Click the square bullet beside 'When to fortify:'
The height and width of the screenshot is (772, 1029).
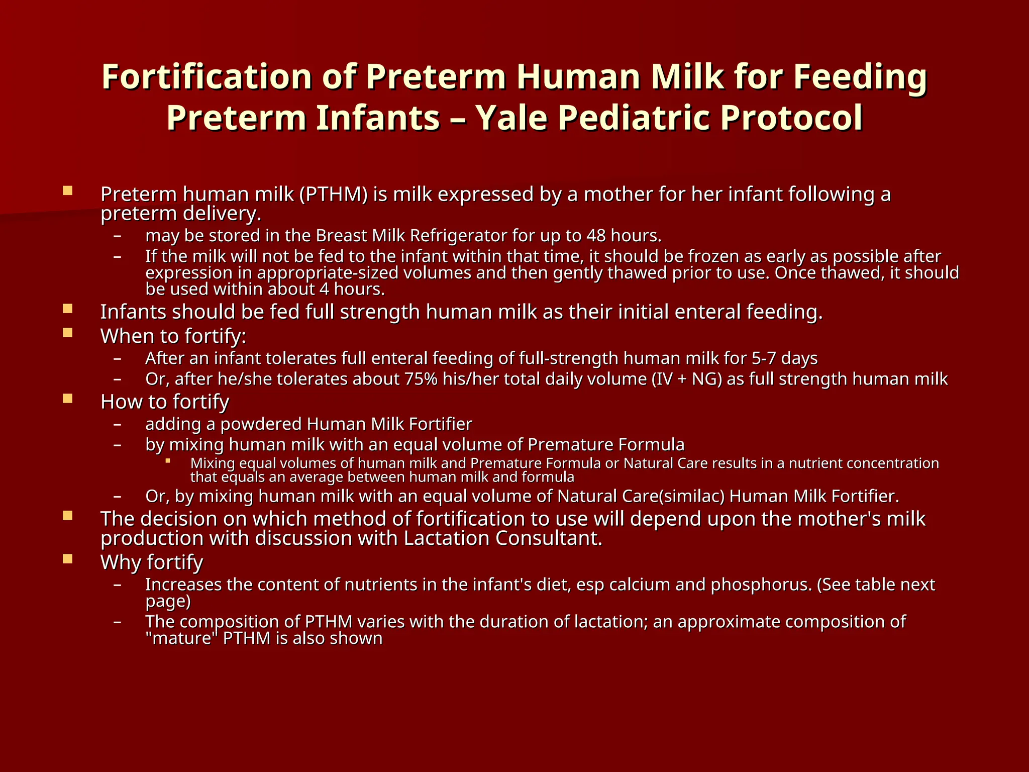68,333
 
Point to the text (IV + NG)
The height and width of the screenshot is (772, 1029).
687,379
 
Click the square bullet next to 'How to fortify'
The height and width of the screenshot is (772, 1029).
68,399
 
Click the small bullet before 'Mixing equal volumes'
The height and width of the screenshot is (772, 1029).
168,460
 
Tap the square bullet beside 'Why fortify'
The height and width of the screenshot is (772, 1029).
68,559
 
